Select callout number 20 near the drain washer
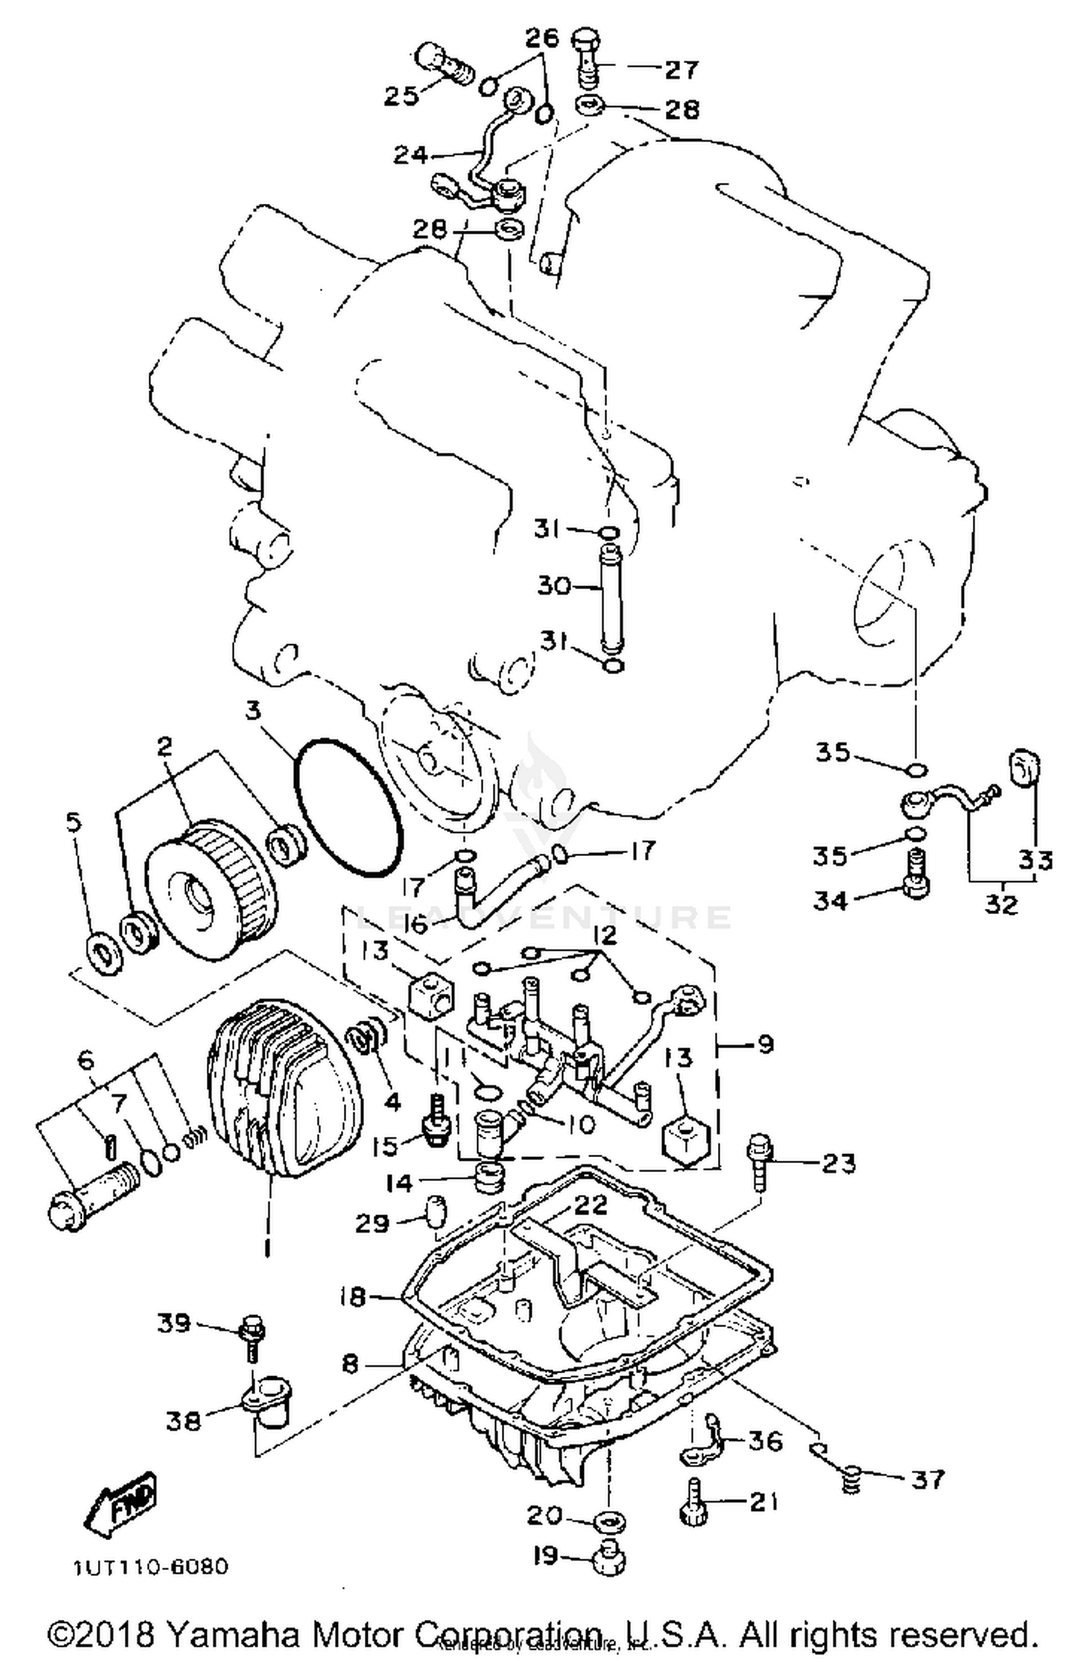(544, 1514)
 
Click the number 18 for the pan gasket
(353, 1296)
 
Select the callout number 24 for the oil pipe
(410, 155)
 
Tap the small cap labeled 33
(1024, 768)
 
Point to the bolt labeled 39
(252, 1336)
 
